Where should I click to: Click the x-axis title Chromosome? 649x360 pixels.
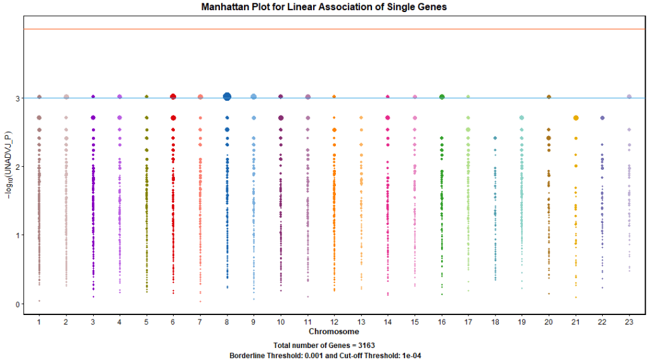tap(333, 331)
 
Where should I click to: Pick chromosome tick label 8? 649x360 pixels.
tap(226, 323)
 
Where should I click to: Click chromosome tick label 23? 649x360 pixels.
tap(629, 323)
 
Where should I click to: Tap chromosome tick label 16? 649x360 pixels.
tap(441, 323)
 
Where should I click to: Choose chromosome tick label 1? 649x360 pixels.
tap(39, 323)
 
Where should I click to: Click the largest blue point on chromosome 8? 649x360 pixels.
tap(227, 96)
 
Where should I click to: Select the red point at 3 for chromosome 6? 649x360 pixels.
tap(173, 97)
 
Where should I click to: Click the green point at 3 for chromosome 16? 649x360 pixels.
tap(442, 97)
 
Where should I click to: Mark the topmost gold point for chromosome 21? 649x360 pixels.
tap(575, 118)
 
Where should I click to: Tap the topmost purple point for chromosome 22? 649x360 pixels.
tap(603, 118)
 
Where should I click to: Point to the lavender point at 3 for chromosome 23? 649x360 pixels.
tap(629, 97)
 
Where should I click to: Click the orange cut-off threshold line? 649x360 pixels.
tap(317, 29)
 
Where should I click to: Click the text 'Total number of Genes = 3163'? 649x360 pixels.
tap(324, 345)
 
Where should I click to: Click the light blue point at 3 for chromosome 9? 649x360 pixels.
tap(254, 97)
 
